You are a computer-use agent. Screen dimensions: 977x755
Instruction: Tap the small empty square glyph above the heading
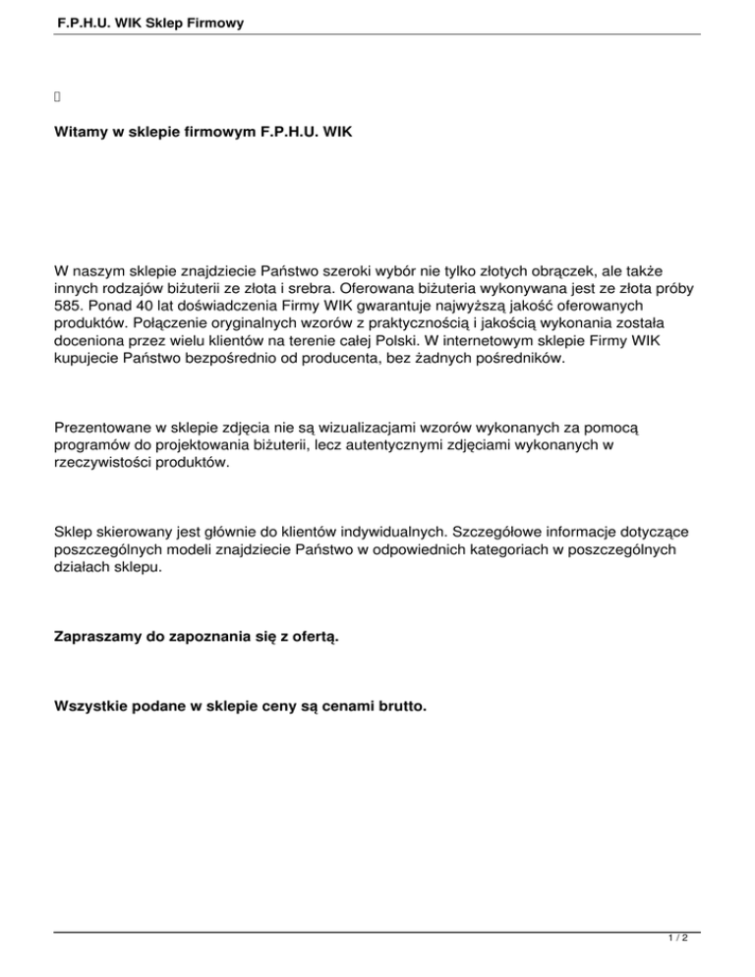(57, 96)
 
